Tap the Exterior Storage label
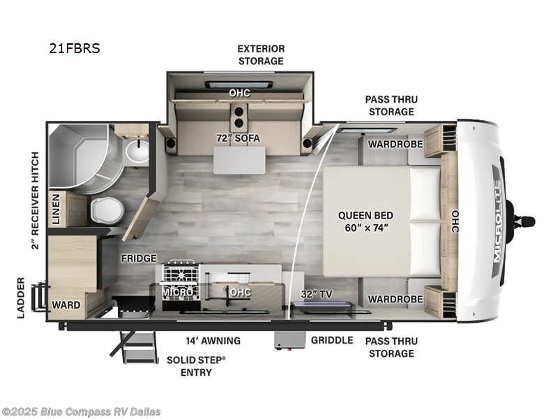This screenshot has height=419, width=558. [x=261, y=54]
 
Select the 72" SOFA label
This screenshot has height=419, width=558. [x=237, y=138]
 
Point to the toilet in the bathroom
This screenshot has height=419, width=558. [x=105, y=208]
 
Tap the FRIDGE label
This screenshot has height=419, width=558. [x=139, y=258]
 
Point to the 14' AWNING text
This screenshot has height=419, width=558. [x=213, y=341]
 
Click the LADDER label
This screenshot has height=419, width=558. [x=21, y=298]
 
